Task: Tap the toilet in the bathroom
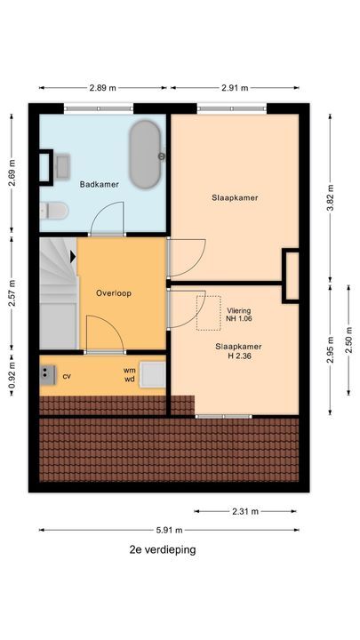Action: pos(53,211)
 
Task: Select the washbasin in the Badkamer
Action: pos(61,165)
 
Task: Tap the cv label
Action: pos(67,376)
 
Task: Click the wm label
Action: pos(130,370)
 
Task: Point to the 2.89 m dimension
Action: pos(104,88)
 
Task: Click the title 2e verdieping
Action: pos(162,550)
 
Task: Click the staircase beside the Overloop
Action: pos(58,293)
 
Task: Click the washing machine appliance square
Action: pos(152,374)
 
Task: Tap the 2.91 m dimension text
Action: pos(234,88)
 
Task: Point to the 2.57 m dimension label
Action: pos(12,293)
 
